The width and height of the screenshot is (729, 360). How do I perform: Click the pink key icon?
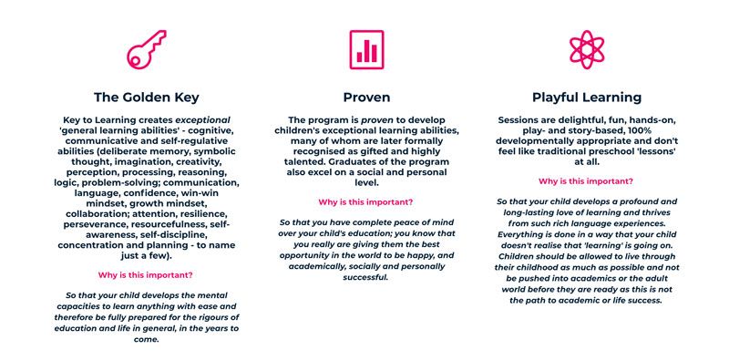(146, 48)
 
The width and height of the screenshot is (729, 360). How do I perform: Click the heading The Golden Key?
(147, 97)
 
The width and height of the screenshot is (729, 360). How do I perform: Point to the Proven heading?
(366, 97)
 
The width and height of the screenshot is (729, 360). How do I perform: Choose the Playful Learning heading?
(586, 97)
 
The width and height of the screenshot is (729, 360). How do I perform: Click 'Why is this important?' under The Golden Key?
(146, 274)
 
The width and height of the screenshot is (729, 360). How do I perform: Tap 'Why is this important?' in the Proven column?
(365, 201)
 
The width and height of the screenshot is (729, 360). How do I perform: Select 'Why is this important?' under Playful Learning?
(586, 181)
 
